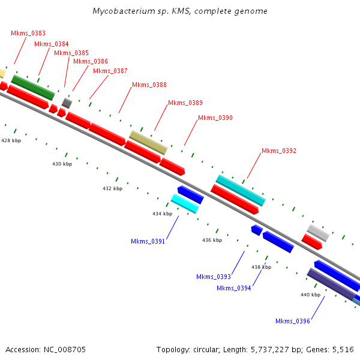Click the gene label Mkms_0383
click(x=28, y=33)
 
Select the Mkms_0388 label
click(x=149, y=85)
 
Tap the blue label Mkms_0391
click(x=148, y=242)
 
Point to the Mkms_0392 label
click(x=279, y=151)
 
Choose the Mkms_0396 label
click(x=293, y=321)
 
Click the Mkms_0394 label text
click(x=234, y=288)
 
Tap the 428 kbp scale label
click(x=11, y=140)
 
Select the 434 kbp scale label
click(x=163, y=214)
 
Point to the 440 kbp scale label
click(x=310, y=295)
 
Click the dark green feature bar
click(x=33, y=88)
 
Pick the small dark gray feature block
click(x=67, y=103)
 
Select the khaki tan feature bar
click(x=148, y=143)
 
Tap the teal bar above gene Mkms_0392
click(x=241, y=190)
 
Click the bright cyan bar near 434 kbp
click(x=185, y=203)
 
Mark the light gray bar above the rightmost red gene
click(x=318, y=233)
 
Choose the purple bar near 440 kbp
click(x=331, y=284)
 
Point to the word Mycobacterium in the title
click(x=124, y=11)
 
